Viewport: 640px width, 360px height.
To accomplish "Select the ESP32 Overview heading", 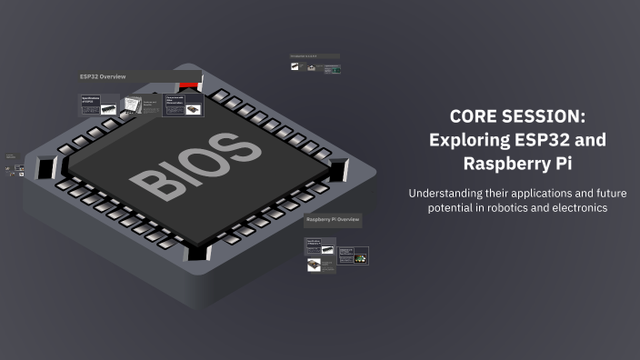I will coord(104,76).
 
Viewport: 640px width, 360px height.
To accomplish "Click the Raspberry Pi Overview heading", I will coord(332,220).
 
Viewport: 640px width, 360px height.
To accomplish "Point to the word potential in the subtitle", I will coord(449,208).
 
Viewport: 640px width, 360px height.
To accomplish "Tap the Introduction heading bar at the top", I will coord(314,56).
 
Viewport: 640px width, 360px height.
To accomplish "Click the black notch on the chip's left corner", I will coord(47,167).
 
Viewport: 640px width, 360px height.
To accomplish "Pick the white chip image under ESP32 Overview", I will coord(133,106).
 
